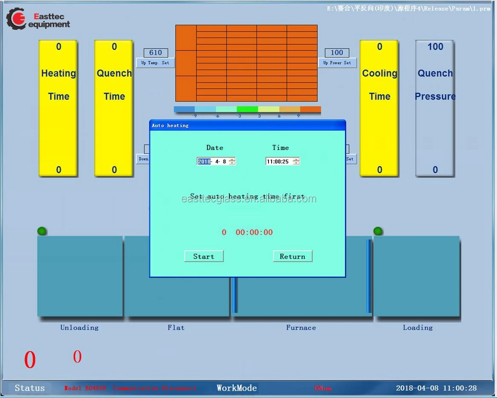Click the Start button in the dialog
[x=204, y=256]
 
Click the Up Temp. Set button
[x=155, y=63]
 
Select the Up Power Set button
[x=337, y=63]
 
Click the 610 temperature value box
[x=156, y=53]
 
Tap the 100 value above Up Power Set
[x=337, y=53]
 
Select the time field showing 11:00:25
[x=278, y=162]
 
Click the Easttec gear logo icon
[x=16, y=19]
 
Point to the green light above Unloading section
[x=42, y=231]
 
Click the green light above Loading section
[x=378, y=231]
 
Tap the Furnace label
[x=301, y=328]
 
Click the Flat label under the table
[x=176, y=328]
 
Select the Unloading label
[x=79, y=328]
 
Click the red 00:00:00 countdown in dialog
[x=254, y=232]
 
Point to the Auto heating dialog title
[x=170, y=125]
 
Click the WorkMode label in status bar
[x=237, y=388]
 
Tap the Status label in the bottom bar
[x=29, y=388]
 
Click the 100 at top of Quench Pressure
[x=435, y=47]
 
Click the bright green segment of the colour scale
[x=247, y=110]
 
